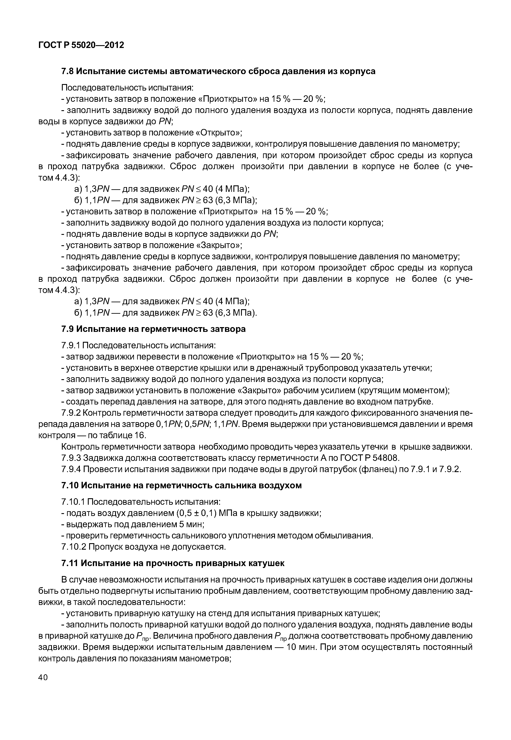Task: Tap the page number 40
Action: (x=43, y=677)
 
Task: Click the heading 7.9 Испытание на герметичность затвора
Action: (x=153, y=329)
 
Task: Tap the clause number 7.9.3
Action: (x=71, y=458)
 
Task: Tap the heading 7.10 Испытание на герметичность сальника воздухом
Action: (x=181, y=485)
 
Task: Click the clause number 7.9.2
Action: (x=71, y=413)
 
